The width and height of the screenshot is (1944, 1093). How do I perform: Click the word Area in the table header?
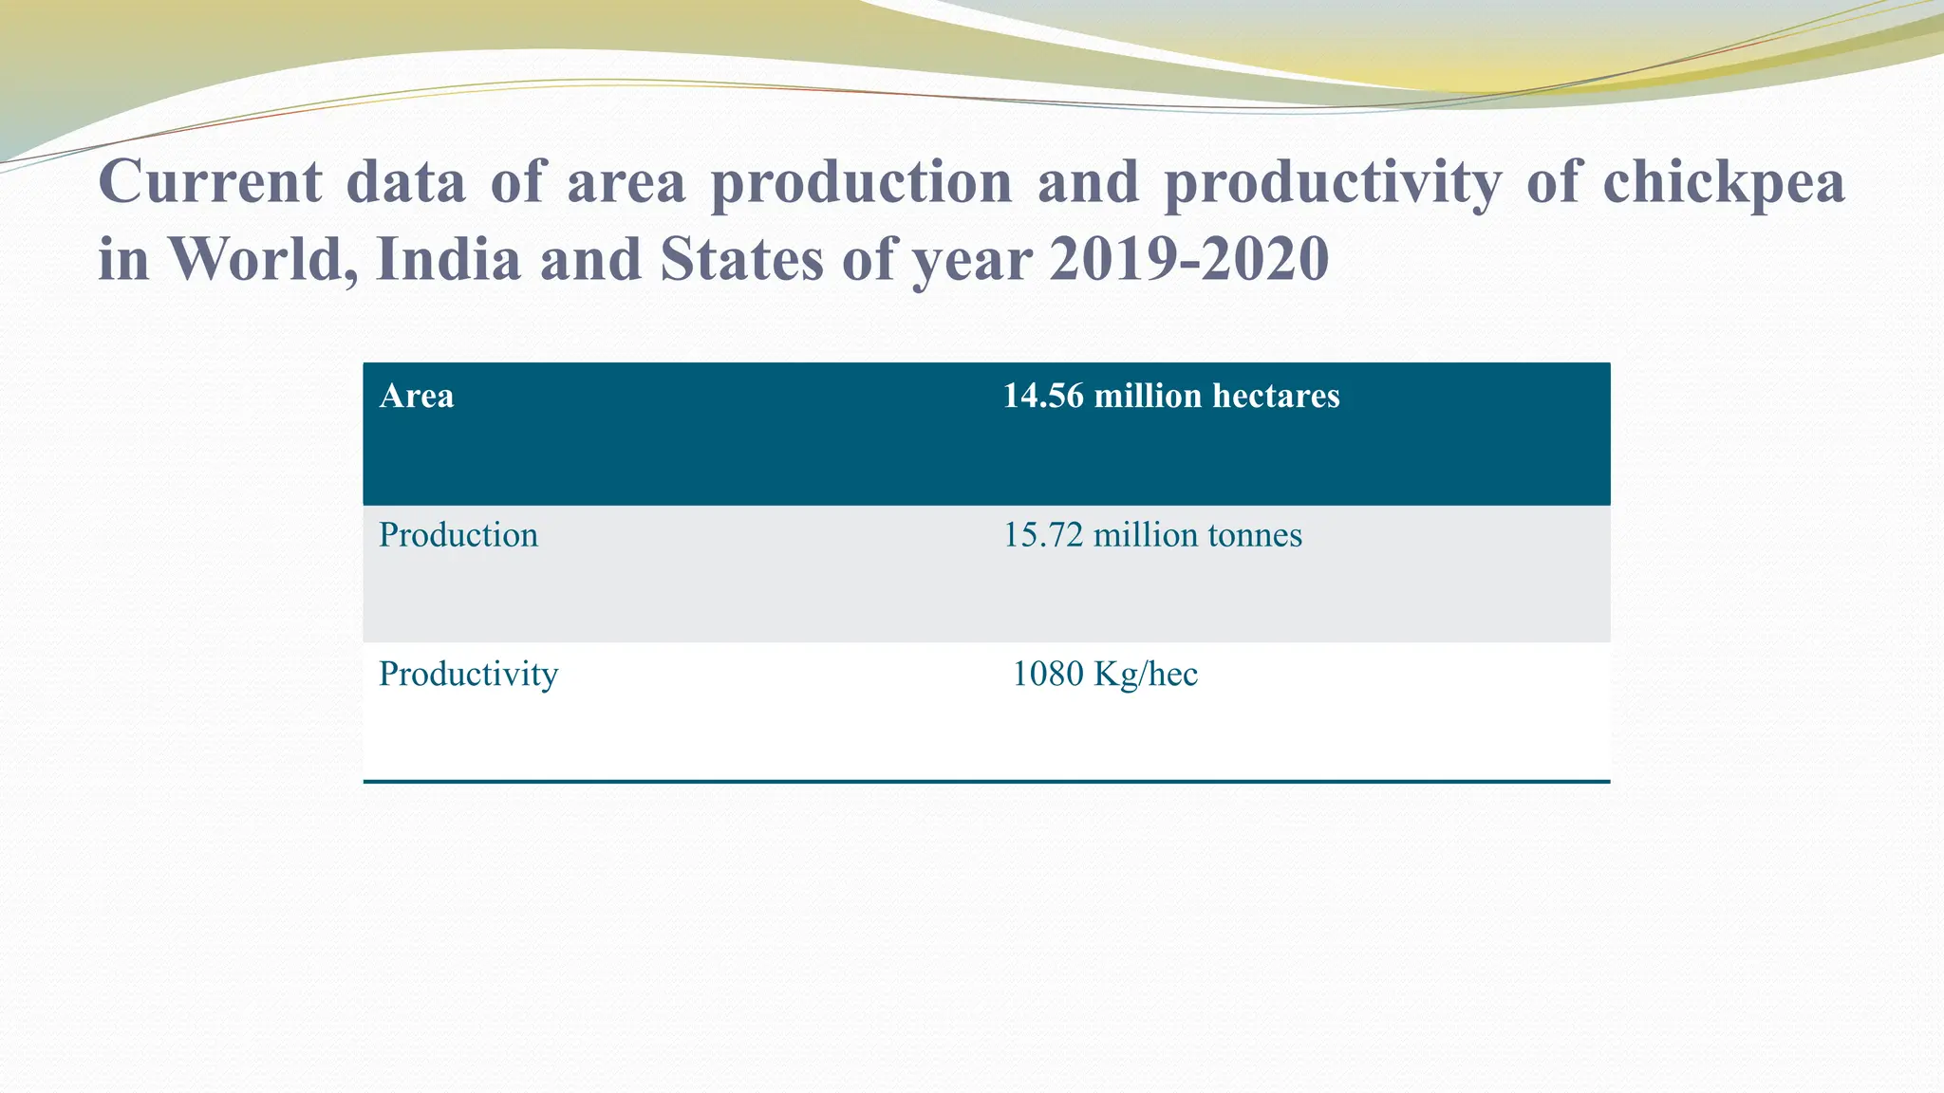(416, 396)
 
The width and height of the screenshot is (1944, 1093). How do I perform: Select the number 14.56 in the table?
(1042, 396)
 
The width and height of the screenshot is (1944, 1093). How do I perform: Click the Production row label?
(458, 535)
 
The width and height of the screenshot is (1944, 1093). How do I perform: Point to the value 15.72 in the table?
(1042, 535)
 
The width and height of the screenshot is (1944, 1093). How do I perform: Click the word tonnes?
(1254, 535)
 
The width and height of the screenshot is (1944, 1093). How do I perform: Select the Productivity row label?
(468, 675)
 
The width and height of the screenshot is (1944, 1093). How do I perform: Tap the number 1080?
(1048, 675)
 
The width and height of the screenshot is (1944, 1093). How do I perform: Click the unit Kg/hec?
(1146, 675)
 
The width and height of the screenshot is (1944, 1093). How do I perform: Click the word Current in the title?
(211, 180)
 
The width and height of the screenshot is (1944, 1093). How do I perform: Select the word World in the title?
(258, 258)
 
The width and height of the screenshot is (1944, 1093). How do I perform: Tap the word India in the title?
(449, 258)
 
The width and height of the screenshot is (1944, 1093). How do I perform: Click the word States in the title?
(741, 258)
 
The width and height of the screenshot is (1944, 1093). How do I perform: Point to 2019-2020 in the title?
(1188, 258)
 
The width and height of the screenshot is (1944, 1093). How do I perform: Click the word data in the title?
(405, 180)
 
